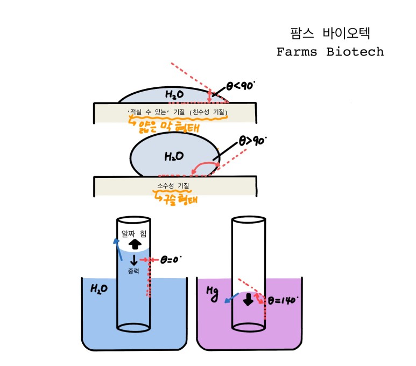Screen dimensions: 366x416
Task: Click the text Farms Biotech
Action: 330,52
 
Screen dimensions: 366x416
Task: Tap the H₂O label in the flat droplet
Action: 174,95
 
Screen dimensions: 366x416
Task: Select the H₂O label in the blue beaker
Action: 99,289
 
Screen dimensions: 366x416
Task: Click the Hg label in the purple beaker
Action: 211,291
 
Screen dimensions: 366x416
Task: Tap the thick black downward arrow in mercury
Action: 248,300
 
